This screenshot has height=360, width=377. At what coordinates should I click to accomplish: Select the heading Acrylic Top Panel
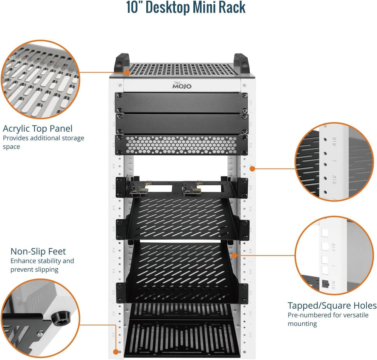tap(38, 128)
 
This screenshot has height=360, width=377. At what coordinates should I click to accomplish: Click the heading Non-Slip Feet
tap(38, 251)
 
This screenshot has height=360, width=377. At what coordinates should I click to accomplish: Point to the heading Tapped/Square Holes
tap(332, 305)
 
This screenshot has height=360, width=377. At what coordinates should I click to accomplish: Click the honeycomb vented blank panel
tap(181, 145)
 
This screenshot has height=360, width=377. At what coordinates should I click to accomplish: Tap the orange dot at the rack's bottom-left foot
tap(116, 352)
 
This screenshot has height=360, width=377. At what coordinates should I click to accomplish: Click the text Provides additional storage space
tap(43, 142)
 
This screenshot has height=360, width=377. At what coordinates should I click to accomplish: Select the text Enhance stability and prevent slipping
tap(42, 265)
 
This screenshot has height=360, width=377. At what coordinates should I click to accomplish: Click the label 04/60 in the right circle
tap(334, 179)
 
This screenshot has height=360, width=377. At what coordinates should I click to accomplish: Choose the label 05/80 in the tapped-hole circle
tap(334, 141)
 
